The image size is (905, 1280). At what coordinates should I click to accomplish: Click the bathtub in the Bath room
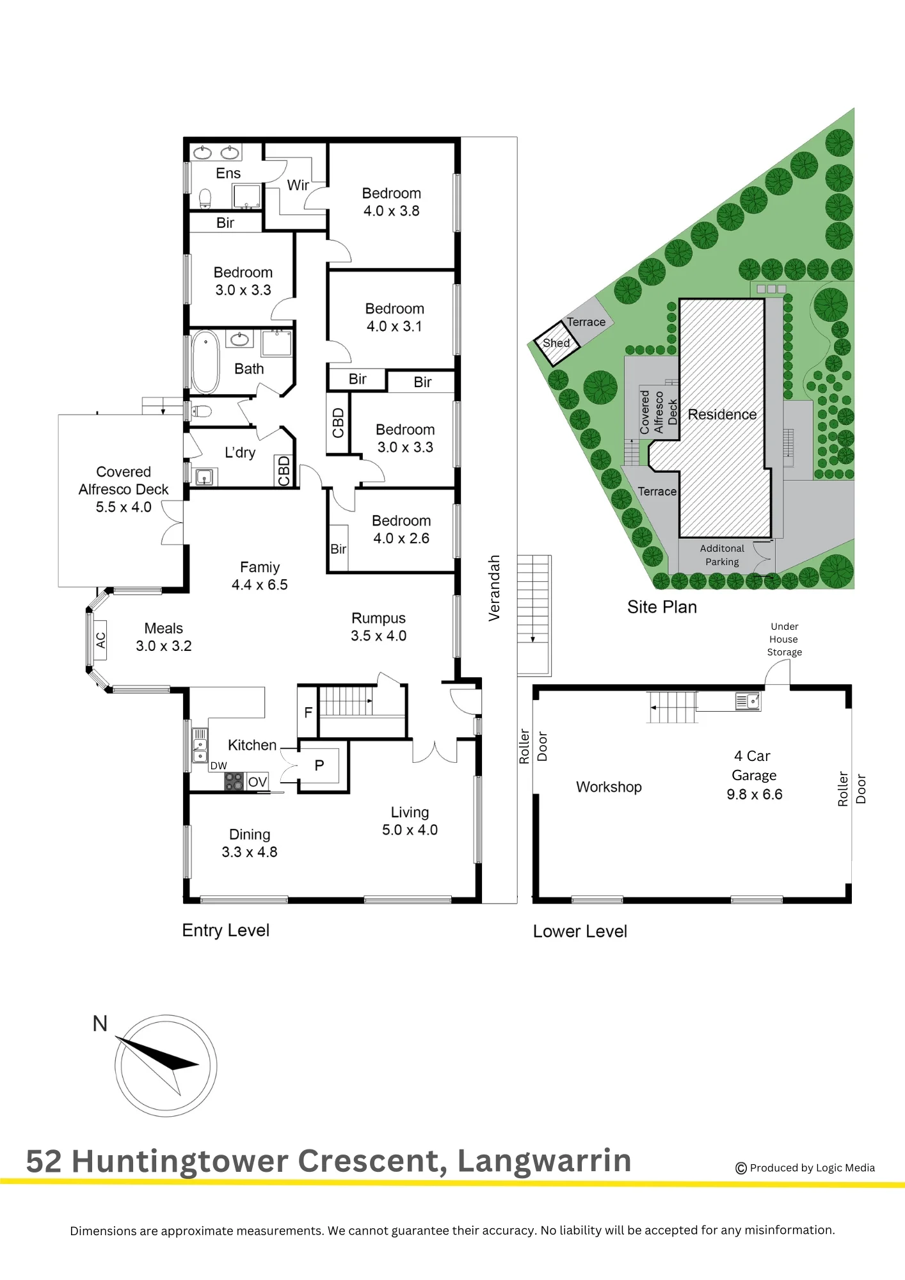205,362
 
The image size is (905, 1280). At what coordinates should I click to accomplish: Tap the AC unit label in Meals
100,640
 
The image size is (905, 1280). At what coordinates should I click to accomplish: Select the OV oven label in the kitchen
257,782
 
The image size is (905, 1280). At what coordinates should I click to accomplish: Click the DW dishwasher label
219,765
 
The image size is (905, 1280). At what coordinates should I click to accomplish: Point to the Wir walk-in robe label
298,185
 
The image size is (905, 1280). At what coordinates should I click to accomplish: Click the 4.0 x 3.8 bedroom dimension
392,211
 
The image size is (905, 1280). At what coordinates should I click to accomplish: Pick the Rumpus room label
378,618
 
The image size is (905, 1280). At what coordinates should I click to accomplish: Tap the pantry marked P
319,765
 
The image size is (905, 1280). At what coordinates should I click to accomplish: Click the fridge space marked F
308,712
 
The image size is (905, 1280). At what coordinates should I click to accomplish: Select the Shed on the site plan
557,343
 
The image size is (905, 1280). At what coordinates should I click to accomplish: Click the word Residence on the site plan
722,415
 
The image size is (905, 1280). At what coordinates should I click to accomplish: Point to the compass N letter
100,1023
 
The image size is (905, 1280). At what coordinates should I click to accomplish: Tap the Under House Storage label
785,639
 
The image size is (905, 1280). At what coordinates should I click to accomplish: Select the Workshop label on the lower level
609,787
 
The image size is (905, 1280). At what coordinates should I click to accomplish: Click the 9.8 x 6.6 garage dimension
755,794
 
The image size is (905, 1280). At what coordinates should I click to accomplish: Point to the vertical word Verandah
493,588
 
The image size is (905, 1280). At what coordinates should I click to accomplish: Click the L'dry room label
240,452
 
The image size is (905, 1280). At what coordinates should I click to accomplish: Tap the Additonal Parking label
722,555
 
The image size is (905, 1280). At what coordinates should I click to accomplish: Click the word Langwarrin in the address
545,1161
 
